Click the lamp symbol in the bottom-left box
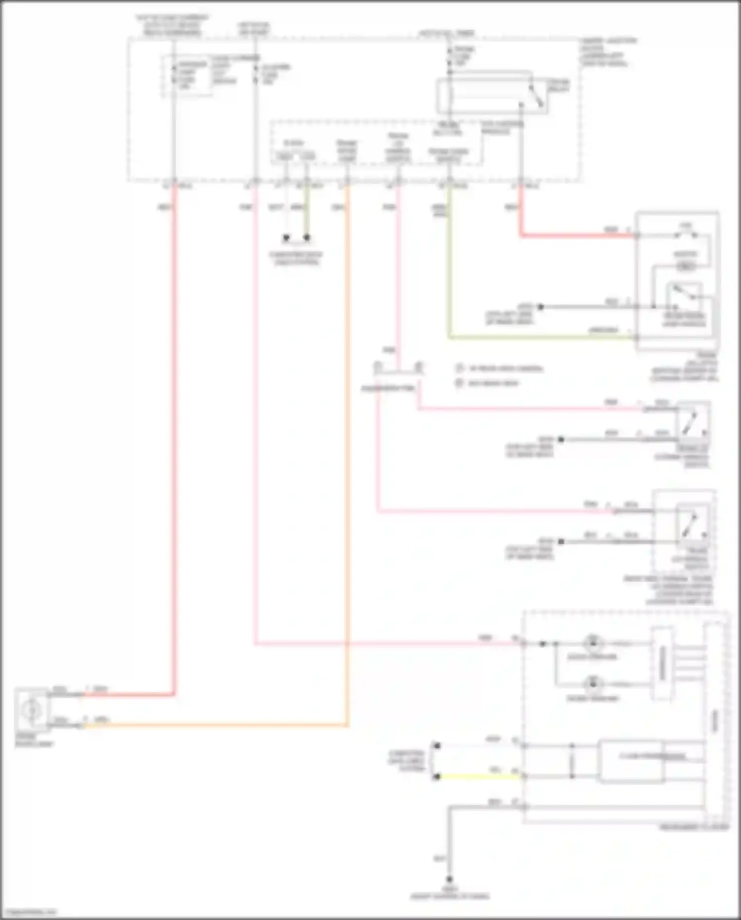[31, 710]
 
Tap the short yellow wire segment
[479, 777]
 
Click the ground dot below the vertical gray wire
[450, 879]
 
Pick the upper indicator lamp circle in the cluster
[592, 643]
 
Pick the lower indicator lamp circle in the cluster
[592, 684]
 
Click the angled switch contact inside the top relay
[536, 95]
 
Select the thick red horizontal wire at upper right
[578, 235]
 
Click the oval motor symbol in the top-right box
[685, 266]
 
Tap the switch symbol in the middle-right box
[692, 423]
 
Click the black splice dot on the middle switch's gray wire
[561, 439]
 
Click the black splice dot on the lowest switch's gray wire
[561, 541]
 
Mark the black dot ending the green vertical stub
[307, 238]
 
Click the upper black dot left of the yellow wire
[437, 745]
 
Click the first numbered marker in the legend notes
[459, 368]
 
